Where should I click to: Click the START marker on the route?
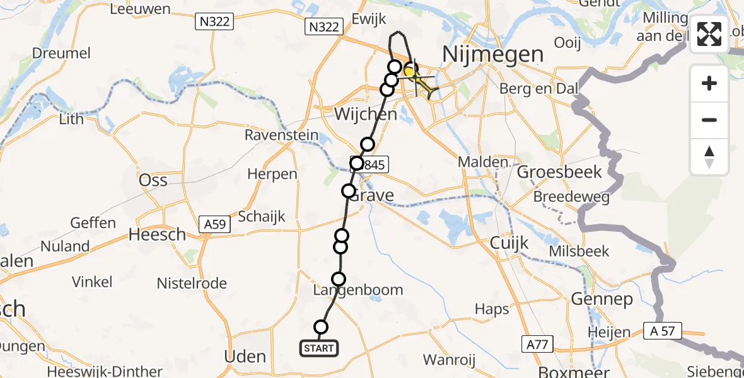tap(319, 348)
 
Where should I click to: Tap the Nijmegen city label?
tap(493, 54)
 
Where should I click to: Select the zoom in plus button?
tap(709, 83)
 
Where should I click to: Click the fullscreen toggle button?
tap(709, 34)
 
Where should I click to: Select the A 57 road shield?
tap(662, 328)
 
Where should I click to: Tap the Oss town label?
tap(153, 181)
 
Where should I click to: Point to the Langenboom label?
tap(358, 290)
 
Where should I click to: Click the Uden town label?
tap(245, 357)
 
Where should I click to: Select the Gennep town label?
tap(602, 299)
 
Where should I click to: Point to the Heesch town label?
tap(157, 235)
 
